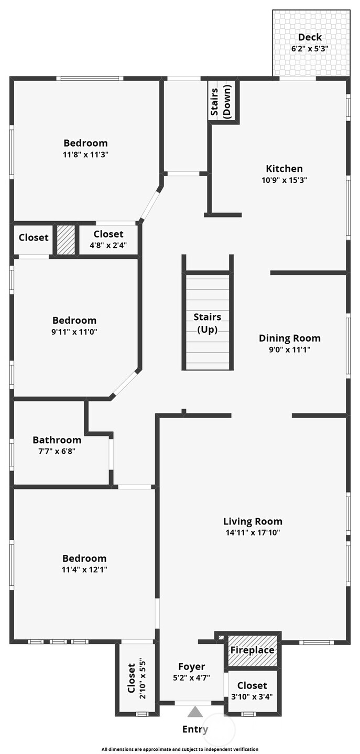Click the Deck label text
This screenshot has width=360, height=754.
tap(310, 37)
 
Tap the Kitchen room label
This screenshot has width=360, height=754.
tap(284, 169)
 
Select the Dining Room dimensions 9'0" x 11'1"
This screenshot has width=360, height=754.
tap(289, 349)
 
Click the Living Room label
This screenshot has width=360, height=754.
tap(253, 521)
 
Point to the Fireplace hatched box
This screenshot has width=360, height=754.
tap(253, 650)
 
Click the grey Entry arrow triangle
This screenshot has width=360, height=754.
tap(195, 712)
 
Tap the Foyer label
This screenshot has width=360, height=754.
tap(191, 667)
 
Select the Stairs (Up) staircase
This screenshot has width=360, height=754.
tap(208, 322)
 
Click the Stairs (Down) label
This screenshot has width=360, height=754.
tap(221, 102)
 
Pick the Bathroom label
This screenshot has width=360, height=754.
tap(57, 440)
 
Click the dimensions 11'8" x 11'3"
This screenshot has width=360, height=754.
tap(86, 155)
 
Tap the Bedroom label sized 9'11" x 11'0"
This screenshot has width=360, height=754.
tap(74, 320)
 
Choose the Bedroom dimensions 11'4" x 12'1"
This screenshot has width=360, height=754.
tap(84, 570)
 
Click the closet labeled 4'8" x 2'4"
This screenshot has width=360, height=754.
tap(108, 239)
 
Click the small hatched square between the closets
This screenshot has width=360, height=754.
tap(66, 240)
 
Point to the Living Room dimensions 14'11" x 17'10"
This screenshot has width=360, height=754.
tap(253, 533)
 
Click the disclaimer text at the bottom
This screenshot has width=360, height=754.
tap(180, 749)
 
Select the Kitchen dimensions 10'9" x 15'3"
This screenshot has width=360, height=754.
tap(284, 180)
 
